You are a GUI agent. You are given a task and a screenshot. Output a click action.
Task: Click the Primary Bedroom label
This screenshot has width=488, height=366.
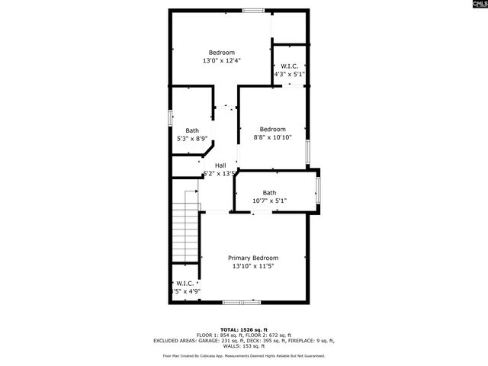[x=253, y=258]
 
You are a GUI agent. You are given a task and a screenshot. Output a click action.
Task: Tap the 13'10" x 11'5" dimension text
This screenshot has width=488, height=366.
[x=253, y=267]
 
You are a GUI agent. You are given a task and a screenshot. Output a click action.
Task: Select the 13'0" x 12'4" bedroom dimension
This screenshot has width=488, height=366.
[x=222, y=61]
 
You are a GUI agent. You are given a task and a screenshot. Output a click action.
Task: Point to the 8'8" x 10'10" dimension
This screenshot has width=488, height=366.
[x=272, y=138]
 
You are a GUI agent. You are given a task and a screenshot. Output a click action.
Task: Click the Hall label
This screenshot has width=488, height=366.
[x=220, y=165]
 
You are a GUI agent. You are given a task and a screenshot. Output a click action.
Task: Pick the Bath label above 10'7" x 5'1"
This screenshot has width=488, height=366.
[x=269, y=193]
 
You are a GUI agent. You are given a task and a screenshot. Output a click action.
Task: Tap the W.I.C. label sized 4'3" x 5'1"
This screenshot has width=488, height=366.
[x=289, y=66]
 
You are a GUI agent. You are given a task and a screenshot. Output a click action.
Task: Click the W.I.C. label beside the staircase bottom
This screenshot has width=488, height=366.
[x=185, y=283]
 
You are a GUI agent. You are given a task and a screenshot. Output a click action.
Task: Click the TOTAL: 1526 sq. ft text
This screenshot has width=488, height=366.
[x=244, y=329]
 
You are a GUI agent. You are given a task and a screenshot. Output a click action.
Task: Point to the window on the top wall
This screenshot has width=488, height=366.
[x=254, y=11]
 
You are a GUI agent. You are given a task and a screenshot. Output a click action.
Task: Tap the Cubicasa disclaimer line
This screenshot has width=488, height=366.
[x=244, y=356]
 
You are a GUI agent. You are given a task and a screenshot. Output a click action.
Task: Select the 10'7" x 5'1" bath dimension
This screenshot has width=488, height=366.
[x=269, y=201]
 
